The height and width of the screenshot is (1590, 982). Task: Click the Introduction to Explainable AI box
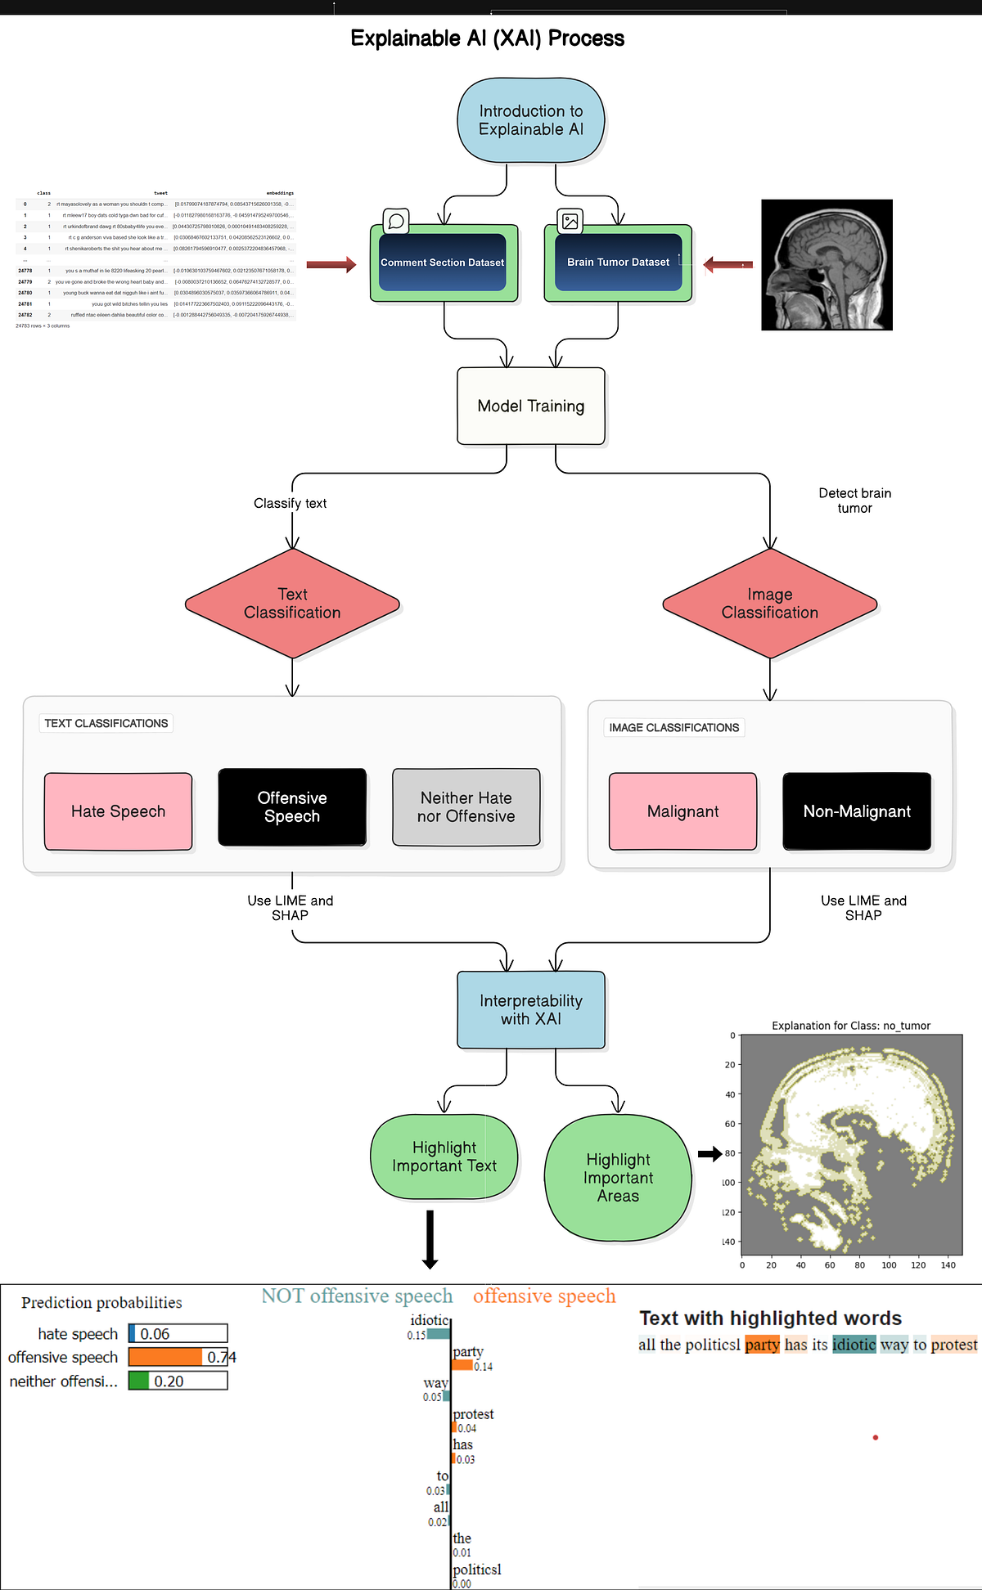pos(530,120)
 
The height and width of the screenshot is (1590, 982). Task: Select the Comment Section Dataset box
pos(443,263)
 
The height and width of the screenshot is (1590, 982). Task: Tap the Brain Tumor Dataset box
pos(618,263)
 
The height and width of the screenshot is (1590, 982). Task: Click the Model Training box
pos(530,406)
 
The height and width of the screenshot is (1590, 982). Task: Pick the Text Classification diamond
pos(292,604)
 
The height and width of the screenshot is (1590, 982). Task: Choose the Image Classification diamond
pos(769,604)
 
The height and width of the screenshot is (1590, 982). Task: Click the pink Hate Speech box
pos(118,811)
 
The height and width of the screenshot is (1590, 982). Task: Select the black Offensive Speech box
pos(292,807)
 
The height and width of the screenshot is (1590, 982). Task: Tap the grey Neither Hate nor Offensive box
pos(466,807)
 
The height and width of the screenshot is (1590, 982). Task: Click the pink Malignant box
pos(682,811)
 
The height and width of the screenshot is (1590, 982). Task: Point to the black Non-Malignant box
pos(857,811)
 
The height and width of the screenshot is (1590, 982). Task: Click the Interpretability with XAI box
pos(530,1010)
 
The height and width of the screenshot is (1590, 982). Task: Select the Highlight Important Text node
pos(444,1157)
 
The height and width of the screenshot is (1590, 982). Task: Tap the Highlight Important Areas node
pos(618,1178)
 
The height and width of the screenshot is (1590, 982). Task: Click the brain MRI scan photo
pos(827,265)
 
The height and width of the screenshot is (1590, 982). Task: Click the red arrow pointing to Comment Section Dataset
pos(331,264)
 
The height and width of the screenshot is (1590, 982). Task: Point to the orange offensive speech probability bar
pos(166,1357)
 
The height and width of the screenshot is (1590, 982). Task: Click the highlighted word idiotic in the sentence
pos(854,1345)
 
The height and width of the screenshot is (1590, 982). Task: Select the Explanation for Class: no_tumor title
pos(851,1026)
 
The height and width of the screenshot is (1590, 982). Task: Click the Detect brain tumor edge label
pos(854,501)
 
